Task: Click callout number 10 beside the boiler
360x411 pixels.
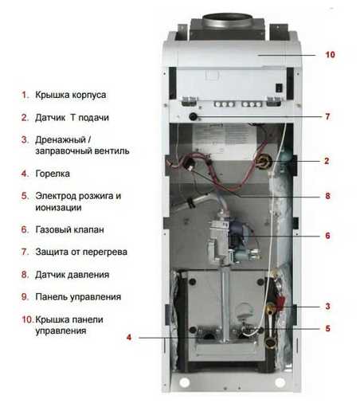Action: [x=330, y=55]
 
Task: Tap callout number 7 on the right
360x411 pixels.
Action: [x=327, y=116]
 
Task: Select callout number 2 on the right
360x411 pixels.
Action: [x=327, y=161]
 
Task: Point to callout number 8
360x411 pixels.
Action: [x=327, y=196]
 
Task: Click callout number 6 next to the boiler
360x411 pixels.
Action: [x=327, y=236]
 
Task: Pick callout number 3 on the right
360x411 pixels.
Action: [x=327, y=306]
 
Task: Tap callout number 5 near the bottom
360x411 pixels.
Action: [x=327, y=328]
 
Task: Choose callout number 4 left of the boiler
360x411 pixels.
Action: [x=129, y=338]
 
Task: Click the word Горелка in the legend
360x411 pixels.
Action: [x=53, y=174]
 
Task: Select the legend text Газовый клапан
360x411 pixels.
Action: [x=69, y=229]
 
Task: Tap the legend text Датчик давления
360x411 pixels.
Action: [x=72, y=275]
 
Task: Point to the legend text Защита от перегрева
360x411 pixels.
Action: [x=81, y=252]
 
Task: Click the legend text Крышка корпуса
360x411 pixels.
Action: [x=71, y=95]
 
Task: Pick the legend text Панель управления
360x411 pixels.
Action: [x=78, y=297]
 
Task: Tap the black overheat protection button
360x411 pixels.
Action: [x=193, y=116]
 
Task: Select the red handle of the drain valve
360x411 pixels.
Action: [x=280, y=303]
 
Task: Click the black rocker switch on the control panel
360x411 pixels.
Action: [x=279, y=88]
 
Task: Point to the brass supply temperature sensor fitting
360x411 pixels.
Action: [x=264, y=162]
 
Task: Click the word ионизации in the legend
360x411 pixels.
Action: [x=58, y=207]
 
